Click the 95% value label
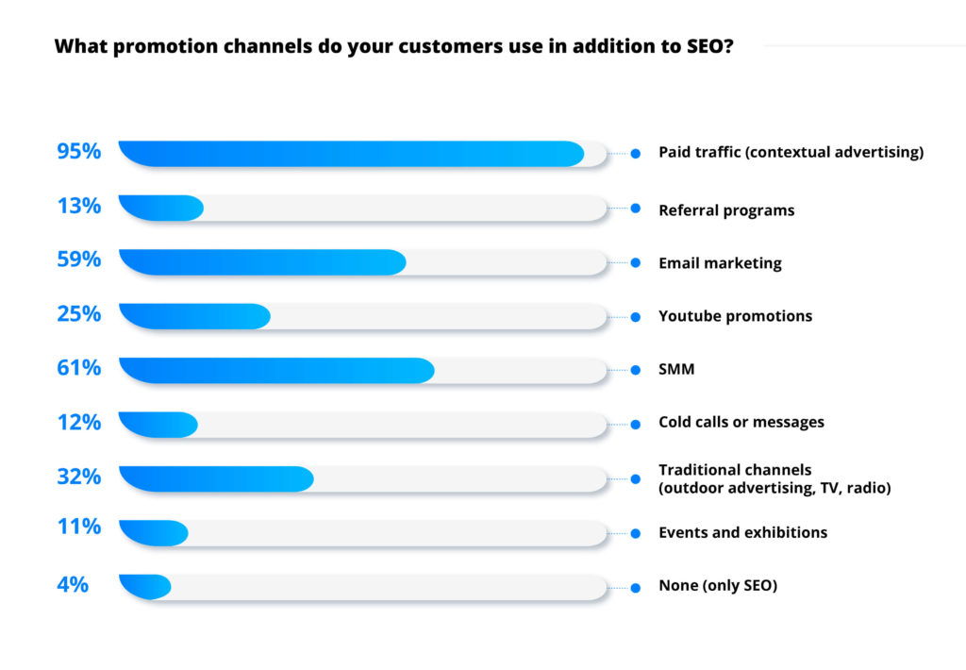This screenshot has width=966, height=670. (x=79, y=151)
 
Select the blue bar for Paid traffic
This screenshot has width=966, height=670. (x=351, y=154)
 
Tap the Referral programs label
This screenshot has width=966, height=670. (x=726, y=210)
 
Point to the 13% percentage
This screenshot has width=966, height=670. (x=79, y=206)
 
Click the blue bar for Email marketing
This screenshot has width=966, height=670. (x=262, y=262)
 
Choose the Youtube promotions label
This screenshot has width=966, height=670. (x=735, y=316)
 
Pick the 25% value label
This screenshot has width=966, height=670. (x=79, y=313)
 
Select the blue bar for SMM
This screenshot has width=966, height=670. (x=276, y=371)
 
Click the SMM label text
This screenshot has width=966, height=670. (x=676, y=369)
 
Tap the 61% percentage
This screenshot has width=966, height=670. (x=79, y=368)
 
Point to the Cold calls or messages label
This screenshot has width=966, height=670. (x=741, y=422)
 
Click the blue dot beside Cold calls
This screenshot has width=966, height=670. (x=635, y=425)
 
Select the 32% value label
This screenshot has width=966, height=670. (x=79, y=477)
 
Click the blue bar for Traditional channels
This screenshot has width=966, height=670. (x=216, y=479)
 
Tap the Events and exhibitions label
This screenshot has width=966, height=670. (x=743, y=532)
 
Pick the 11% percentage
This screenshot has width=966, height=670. (x=79, y=527)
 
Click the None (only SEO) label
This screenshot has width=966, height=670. (x=718, y=586)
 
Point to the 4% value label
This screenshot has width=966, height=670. (x=73, y=584)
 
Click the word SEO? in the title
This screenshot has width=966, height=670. (x=709, y=46)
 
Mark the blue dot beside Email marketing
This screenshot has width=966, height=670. (x=635, y=263)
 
